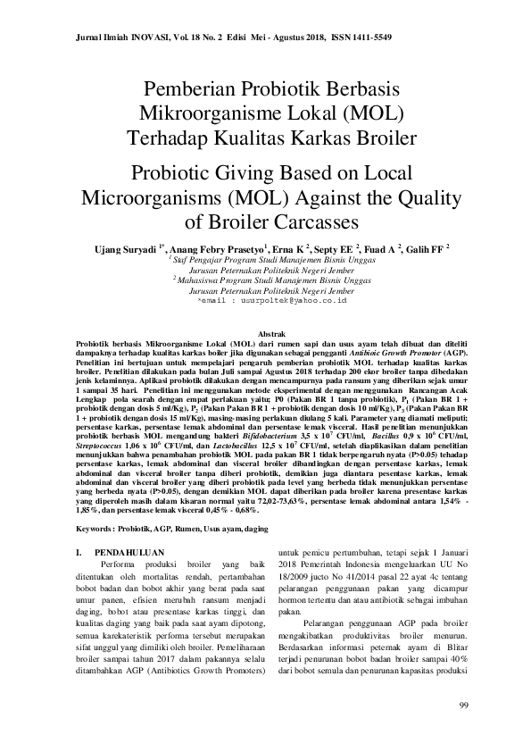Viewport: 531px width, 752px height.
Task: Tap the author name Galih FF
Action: pyautogui.click(x=428, y=246)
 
